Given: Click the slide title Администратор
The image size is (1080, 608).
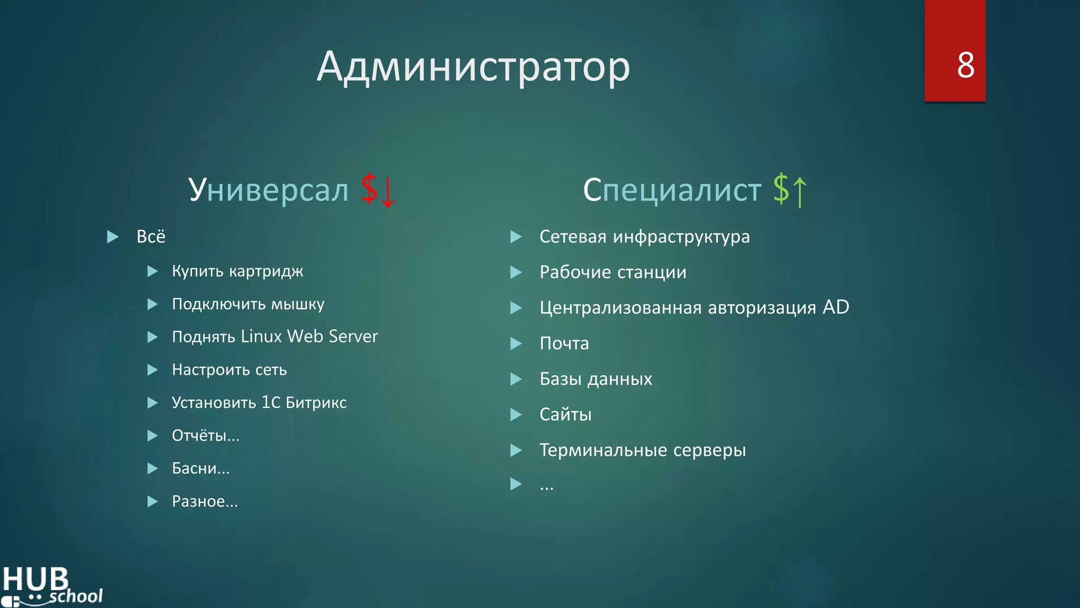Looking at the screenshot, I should tap(473, 67).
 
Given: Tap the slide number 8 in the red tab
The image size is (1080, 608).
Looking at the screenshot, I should tap(965, 65).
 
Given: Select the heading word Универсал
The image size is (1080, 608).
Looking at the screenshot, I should tap(268, 189).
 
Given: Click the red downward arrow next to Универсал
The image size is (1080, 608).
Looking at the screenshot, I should tap(388, 192).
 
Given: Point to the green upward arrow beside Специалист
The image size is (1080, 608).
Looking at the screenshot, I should tap(799, 192).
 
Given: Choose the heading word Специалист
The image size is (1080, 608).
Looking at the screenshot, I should tap(672, 189).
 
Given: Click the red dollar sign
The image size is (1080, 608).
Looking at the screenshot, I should tap(369, 188).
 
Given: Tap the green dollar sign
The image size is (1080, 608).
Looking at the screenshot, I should tap(781, 188).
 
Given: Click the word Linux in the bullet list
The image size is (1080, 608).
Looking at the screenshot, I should tap(261, 336).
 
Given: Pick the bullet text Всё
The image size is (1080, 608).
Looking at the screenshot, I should tap(151, 236).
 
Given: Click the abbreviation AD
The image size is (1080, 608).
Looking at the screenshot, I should tap(836, 307).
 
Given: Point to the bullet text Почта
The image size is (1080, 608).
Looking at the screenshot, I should tap(564, 344).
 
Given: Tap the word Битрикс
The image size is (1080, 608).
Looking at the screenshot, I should tap(316, 403).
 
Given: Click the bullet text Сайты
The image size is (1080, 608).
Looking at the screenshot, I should tap(565, 415).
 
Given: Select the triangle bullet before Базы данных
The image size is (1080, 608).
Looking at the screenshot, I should tap(516, 379).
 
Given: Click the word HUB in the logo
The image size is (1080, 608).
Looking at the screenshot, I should tap(35, 579).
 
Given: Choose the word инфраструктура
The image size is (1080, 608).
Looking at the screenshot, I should tap(681, 237).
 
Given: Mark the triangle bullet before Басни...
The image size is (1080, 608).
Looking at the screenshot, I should tap(152, 469).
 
